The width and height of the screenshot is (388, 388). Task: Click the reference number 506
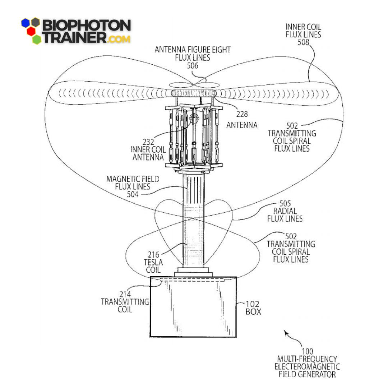[x=193, y=66]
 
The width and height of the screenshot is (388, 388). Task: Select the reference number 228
[x=241, y=115]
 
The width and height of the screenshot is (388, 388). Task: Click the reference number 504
[x=133, y=194]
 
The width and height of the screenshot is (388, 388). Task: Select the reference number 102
[x=253, y=304]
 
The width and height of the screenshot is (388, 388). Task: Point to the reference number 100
[x=308, y=351]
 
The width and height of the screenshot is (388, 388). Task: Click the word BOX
[x=253, y=312]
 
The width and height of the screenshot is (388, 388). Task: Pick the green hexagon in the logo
[x=36, y=39]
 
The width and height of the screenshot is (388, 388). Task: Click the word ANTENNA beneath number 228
[x=242, y=125]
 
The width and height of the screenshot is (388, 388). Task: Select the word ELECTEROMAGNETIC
[x=307, y=366]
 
